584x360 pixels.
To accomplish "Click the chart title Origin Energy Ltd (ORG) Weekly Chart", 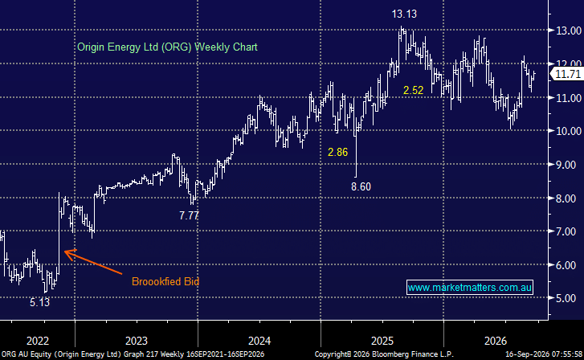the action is pos(167,47).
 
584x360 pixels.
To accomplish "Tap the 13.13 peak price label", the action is pos(404,14).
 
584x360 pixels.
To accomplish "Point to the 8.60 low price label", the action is pos(361,186).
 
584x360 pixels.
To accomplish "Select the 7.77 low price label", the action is pos(190,216).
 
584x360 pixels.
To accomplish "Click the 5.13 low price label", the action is pos(40,302).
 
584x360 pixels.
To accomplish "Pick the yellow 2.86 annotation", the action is pos(337,152).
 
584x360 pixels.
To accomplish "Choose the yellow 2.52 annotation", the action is pos(414,90).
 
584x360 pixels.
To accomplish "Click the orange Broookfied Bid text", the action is pos(165,281).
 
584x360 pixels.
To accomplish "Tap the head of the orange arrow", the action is pos(65,252).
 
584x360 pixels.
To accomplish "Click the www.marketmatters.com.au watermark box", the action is pos(470,288).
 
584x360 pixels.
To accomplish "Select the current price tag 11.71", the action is pos(568,74).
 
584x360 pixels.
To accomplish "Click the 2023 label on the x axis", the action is pos(137,341).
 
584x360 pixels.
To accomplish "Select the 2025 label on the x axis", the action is pos(382,341).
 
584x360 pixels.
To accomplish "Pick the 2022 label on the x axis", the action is pos(38,341).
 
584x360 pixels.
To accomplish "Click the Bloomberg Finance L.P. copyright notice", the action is pos(384,354).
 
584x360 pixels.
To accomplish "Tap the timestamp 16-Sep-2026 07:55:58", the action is pos(544,354).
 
